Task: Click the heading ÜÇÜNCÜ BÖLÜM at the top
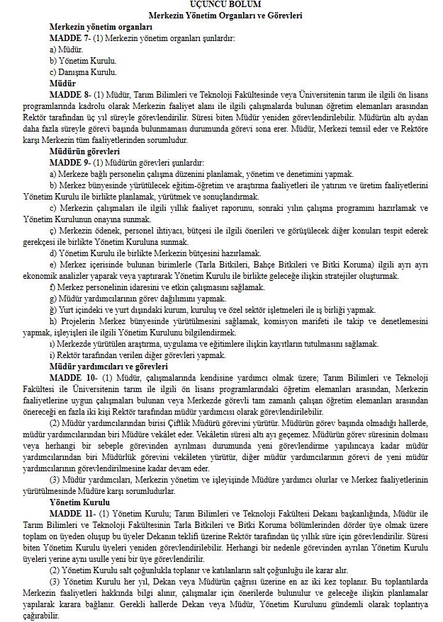220,5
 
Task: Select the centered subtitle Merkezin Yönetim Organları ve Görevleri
220,15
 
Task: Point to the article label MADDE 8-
69,93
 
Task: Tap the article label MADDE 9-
69,163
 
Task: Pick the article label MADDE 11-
70,512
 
